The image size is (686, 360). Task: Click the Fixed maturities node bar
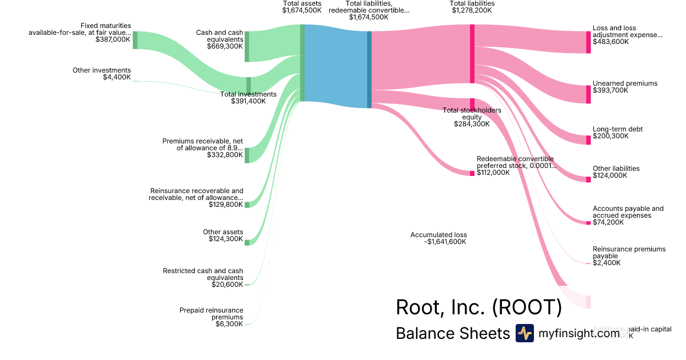135,40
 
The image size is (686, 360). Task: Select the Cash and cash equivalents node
247,46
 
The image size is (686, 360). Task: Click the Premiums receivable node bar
247,155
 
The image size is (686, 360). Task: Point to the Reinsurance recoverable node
247,205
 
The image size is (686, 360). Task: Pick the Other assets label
223,232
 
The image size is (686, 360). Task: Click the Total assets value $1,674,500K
302,10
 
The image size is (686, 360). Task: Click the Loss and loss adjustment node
588,42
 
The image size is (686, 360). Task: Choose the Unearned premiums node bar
588,94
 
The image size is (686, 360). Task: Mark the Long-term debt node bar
588,140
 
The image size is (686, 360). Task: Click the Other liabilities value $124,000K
610,175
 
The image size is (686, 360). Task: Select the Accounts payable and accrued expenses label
628,212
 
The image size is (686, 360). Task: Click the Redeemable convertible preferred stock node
472,173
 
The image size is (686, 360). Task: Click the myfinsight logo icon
524,333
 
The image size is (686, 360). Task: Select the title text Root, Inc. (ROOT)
478,307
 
